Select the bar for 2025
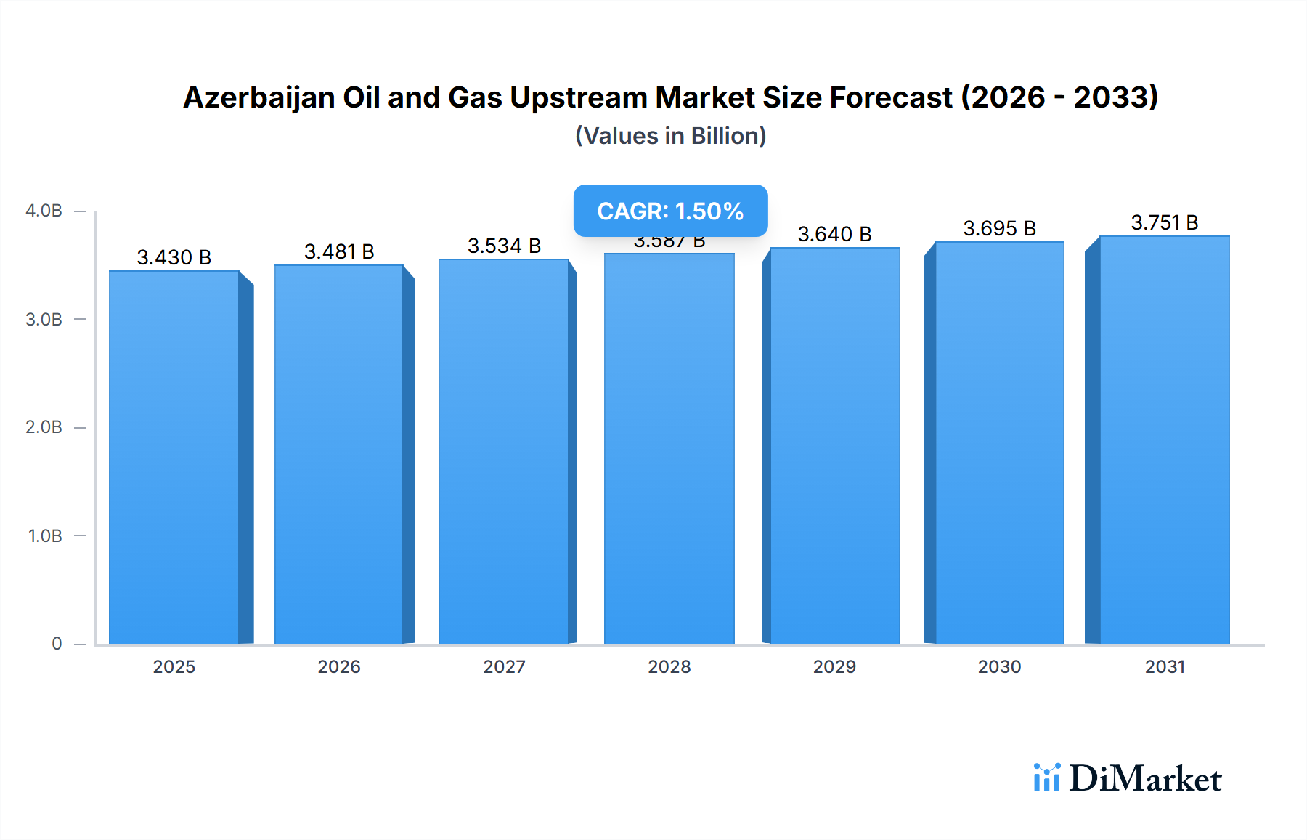point(174,458)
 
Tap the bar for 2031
point(1165,440)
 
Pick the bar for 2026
point(339,455)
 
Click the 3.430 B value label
point(174,257)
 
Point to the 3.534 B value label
point(504,246)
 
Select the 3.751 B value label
point(1165,222)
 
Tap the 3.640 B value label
point(834,234)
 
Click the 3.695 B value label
point(1000,228)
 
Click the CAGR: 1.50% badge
point(670,211)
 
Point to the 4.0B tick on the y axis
point(44,211)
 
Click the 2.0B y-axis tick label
point(44,427)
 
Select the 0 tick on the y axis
point(57,644)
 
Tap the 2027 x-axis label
point(504,666)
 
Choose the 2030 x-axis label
point(1000,666)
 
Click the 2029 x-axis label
point(834,666)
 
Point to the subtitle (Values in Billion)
point(670,136)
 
